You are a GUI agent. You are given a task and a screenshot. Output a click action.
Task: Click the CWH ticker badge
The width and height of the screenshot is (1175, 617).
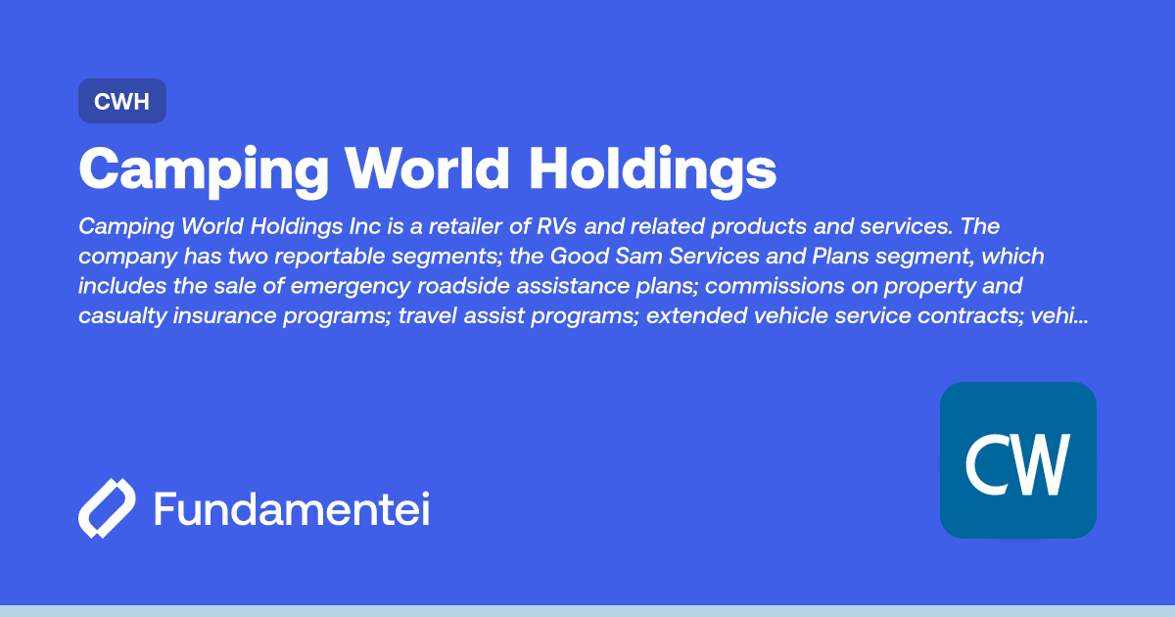121,101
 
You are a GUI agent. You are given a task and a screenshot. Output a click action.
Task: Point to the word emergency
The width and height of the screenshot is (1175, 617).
364,287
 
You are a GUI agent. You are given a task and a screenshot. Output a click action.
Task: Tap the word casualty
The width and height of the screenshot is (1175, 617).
121,317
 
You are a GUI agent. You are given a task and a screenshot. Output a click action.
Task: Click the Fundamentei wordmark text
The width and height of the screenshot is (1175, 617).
291,509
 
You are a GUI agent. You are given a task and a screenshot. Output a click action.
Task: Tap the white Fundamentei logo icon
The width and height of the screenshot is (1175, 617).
107,509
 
